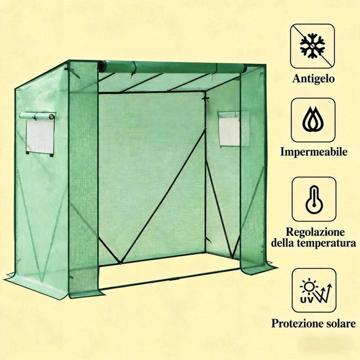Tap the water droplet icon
coord(313,120)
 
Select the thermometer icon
coord(314,199)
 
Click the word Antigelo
coord(313,78)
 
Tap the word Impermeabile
coord(314,152)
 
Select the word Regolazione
coord(315,232)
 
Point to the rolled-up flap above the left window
coord(37,116)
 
